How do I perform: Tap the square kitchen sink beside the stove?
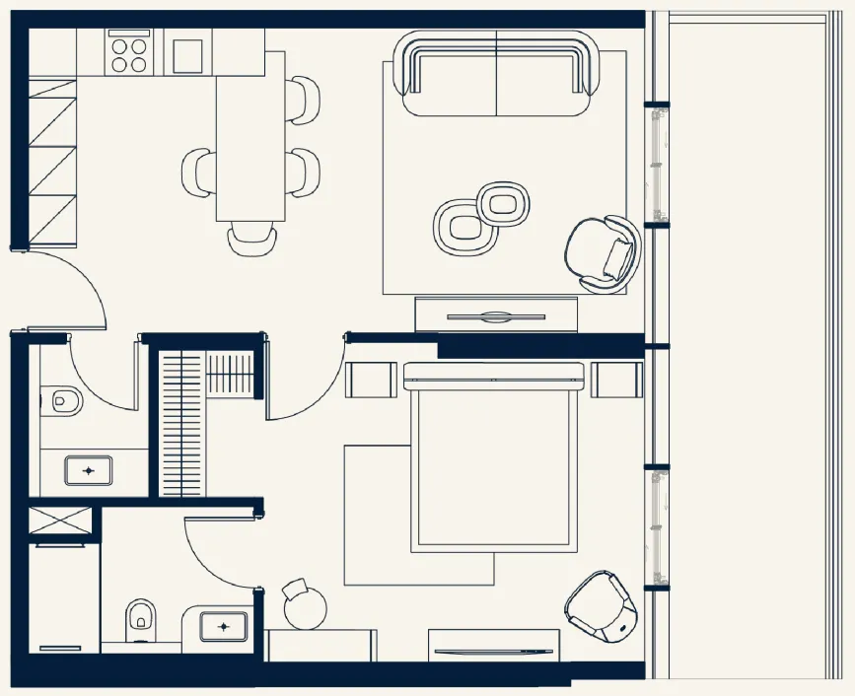click(187, 55)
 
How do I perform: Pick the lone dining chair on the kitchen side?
click(200, 171)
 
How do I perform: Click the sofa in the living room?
click(496, 75)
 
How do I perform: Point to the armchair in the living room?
click(601, 253)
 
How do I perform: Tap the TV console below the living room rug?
click(496, 315)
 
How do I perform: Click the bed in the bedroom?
click(493, 459)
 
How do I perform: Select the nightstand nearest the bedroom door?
click(371, 380)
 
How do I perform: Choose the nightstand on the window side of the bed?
click(616, 380)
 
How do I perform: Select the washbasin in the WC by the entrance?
click(89, 469)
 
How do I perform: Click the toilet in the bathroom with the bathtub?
click(139, 617)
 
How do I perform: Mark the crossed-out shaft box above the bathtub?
click(60, 521)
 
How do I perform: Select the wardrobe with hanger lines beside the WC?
click(181, 424)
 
